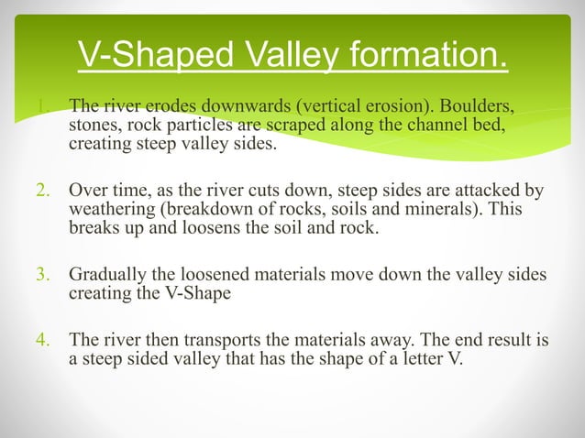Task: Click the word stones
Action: point(93,125)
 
